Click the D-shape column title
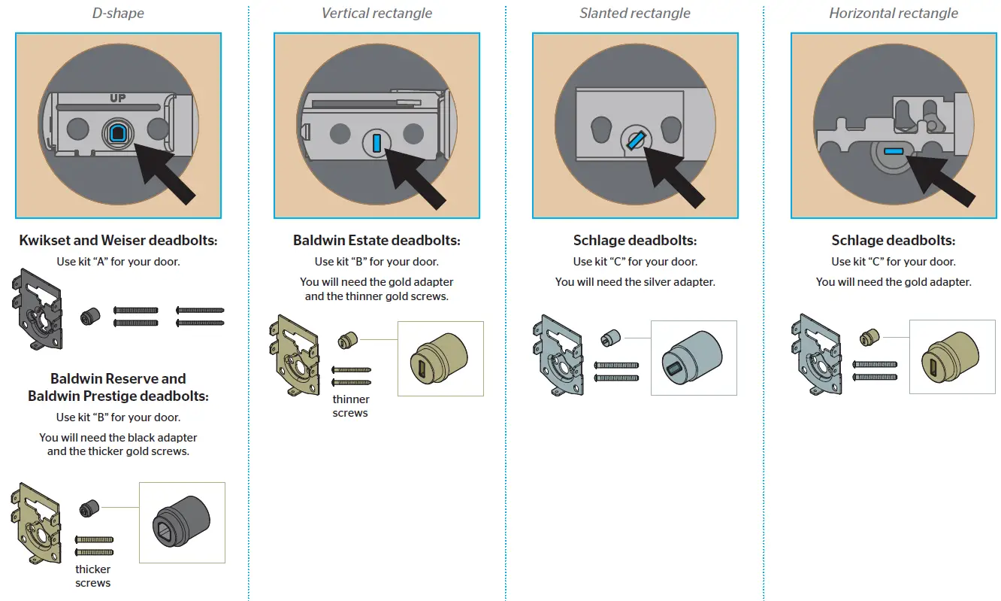118,13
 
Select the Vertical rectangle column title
377,13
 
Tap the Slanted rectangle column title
635,13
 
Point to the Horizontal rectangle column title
894,13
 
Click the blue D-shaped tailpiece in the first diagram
118,133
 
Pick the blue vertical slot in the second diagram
377,141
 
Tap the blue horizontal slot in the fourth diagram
893,151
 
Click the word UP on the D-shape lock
118,99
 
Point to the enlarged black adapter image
181,522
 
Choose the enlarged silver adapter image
693,357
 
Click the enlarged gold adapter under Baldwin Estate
440,359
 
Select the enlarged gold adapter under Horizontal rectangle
952,357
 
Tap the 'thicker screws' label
93,576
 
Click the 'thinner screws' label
350,406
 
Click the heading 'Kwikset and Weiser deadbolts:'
118,241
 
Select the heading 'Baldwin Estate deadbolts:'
377,241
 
